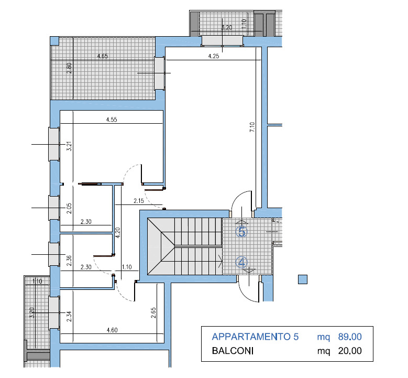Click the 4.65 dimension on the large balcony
[103, 56]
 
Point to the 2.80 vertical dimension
[69, 68]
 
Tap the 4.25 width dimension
[214, 56]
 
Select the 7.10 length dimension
[252, 127]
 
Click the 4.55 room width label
[112, 120]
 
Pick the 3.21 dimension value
[69, 146]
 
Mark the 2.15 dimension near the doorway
[139, 201]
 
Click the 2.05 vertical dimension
[69, 209]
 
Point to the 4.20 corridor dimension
[118, 233]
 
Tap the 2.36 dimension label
[69, 261]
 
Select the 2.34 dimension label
[69, 317]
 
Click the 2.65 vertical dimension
[153, 313]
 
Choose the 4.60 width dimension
[112, 330]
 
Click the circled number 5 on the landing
[242, 231]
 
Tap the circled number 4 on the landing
[242, 262]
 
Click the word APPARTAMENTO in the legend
[251, 337]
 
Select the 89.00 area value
[350, 337]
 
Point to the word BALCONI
[233, 351]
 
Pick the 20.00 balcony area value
[350, 351]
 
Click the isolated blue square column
[303, 279]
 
